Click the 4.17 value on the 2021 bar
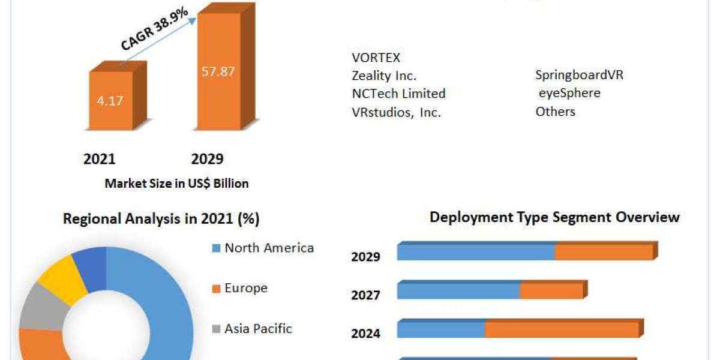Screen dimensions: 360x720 pyautogui.click(x=110, y=101)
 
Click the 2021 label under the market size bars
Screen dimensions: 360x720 pyautogui.click(x=99, y=159)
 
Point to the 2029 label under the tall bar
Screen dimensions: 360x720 pyautogui.click(x=207, y=159)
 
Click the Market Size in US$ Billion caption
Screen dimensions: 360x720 pyautogui.click(x=176, y=184)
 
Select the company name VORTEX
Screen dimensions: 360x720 pyautogui.click(x=376, y=58)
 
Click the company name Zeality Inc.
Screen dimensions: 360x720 pyautogui.click(x=384, y=76)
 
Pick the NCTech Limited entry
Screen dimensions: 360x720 pyautogui.click(x=398, y=94)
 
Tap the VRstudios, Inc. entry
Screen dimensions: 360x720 pyautogui.click(x=396, y=112)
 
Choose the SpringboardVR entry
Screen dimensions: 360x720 pyautogui.click(x=579, y=76)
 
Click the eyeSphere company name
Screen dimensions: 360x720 pyautogui.click(x=569, y=94)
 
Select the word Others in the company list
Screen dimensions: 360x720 pyautogui.click(x=555, y=112)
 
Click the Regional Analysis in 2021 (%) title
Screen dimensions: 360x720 pyautogui.click(x=161, y=219)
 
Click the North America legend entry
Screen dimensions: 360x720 pyautogui.click(x=269, y=248)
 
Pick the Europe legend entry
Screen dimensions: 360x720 pyautogui.click(x=246, y=288)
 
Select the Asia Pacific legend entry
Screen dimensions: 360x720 pyautogui.click(x=258, y=329)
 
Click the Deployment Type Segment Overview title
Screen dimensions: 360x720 pyautogui.click(x=554, y=217)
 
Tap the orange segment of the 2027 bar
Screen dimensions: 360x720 pyautogui.click(x=551, y=291)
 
